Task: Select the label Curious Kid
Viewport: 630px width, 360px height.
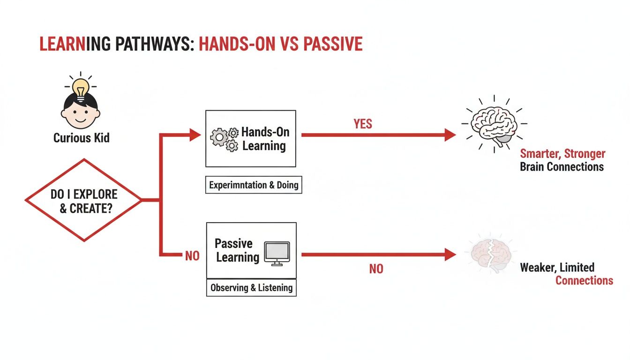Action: coord(82,138)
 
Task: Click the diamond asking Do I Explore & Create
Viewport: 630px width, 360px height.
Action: coord(83,200)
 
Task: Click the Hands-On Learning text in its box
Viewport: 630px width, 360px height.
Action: coord(263,139)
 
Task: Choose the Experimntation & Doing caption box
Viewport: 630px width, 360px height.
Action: coord(254,185)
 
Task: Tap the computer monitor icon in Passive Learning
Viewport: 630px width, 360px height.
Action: coord(277,254)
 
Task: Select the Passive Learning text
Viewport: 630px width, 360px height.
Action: coord(237,250)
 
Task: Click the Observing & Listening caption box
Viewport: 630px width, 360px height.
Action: coord(251,288)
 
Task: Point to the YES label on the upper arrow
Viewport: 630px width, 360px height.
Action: coord(363,124)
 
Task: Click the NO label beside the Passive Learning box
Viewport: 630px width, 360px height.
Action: coord(192,256)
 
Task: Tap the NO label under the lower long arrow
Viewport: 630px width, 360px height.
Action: coord(376,269)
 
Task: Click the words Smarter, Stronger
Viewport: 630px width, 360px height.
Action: coord(562,154)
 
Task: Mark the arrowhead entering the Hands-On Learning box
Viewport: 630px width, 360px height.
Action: coord(195,135)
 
